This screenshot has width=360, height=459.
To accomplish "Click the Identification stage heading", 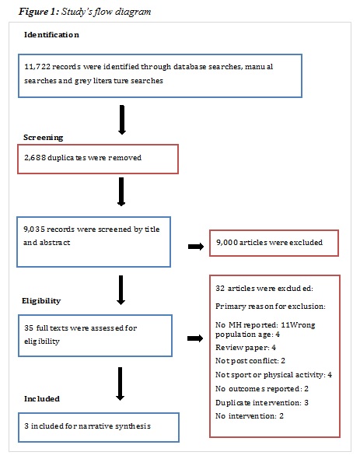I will tap(51, 36).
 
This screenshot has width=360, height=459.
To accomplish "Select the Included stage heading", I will tap(42, 398).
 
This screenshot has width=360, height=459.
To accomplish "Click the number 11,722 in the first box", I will tap(37, 67).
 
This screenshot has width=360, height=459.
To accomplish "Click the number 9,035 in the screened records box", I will tap(36, 230).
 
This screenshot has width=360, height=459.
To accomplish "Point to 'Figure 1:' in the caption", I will tap(31, 12).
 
